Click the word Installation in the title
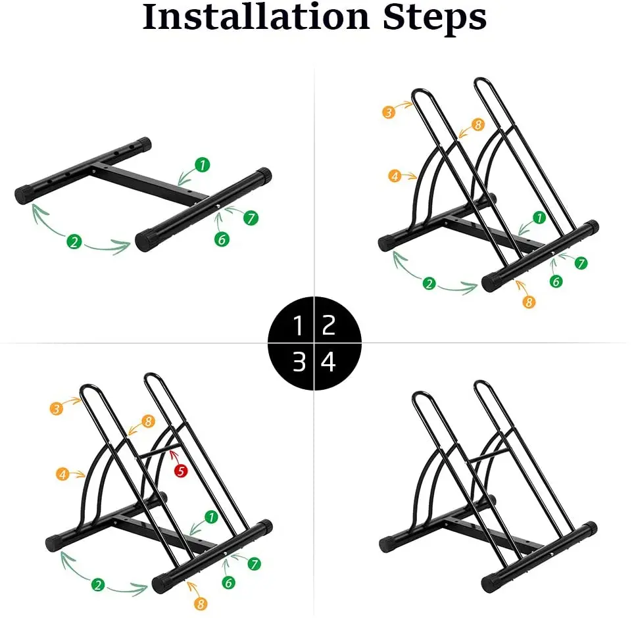pyautogui.click(x=256, y=16)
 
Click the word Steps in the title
pyautogui.click(x=435, y=18)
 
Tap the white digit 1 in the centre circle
pyautogui.click(x=298, y=325)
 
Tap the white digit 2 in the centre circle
pyautogui.click(x=329, y=325)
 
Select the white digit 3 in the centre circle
pyautogui.click(x=299, y=362)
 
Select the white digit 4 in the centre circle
pyautogui.click(x=328, y=362)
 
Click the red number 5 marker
pyautogui.click(x=181, y=471)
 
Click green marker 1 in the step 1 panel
pyautogui.click(x=202, y=165)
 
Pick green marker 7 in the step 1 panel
pyautogui.click(x=251, y=218)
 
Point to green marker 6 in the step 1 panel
pyautogui.click(x=222, y=239)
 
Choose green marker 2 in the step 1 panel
pyautogui.click(x=74, y=242)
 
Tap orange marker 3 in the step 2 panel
pyautogui.click(x=389, y=112)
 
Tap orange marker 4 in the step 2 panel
pyautogui.click(x=395, y=176)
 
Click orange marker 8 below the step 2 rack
pyautogui.click(x=529, y=302)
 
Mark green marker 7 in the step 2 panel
pyautogui.click(x=581, y=263)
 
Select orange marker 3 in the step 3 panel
pyautogui.click(x=56, y=409)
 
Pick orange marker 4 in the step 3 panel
pyautogui.click(x=62, y=474)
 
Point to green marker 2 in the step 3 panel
pyautogui.click(x=98, y=585)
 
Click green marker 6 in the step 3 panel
pyautogui.click(x=228, y=582)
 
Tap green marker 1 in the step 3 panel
pyautogui.click(x=211, y=517)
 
